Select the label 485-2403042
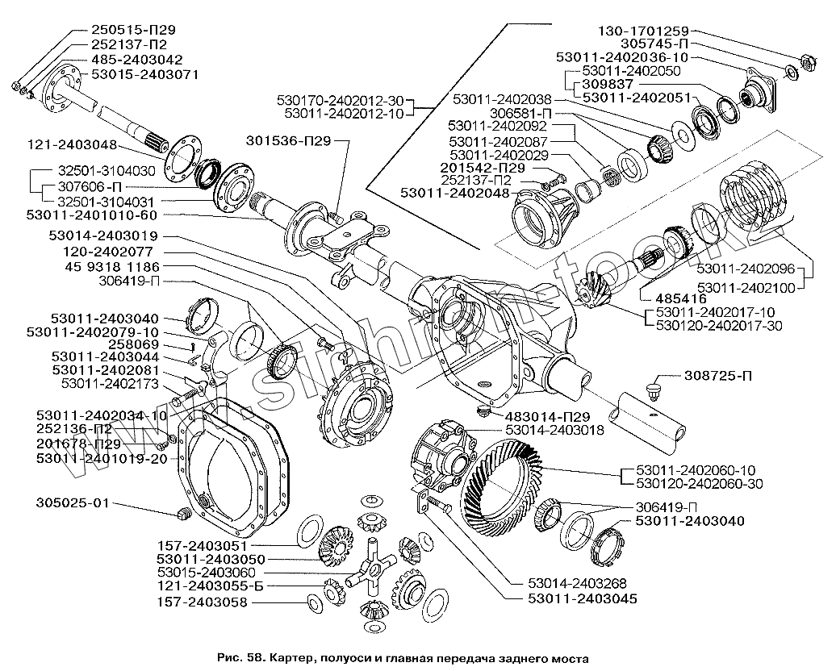pos(137,60)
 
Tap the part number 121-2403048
pos(71,146)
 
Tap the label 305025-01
pos(72,503)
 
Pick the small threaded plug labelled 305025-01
pos(182,515)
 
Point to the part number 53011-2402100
pos(746,287)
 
